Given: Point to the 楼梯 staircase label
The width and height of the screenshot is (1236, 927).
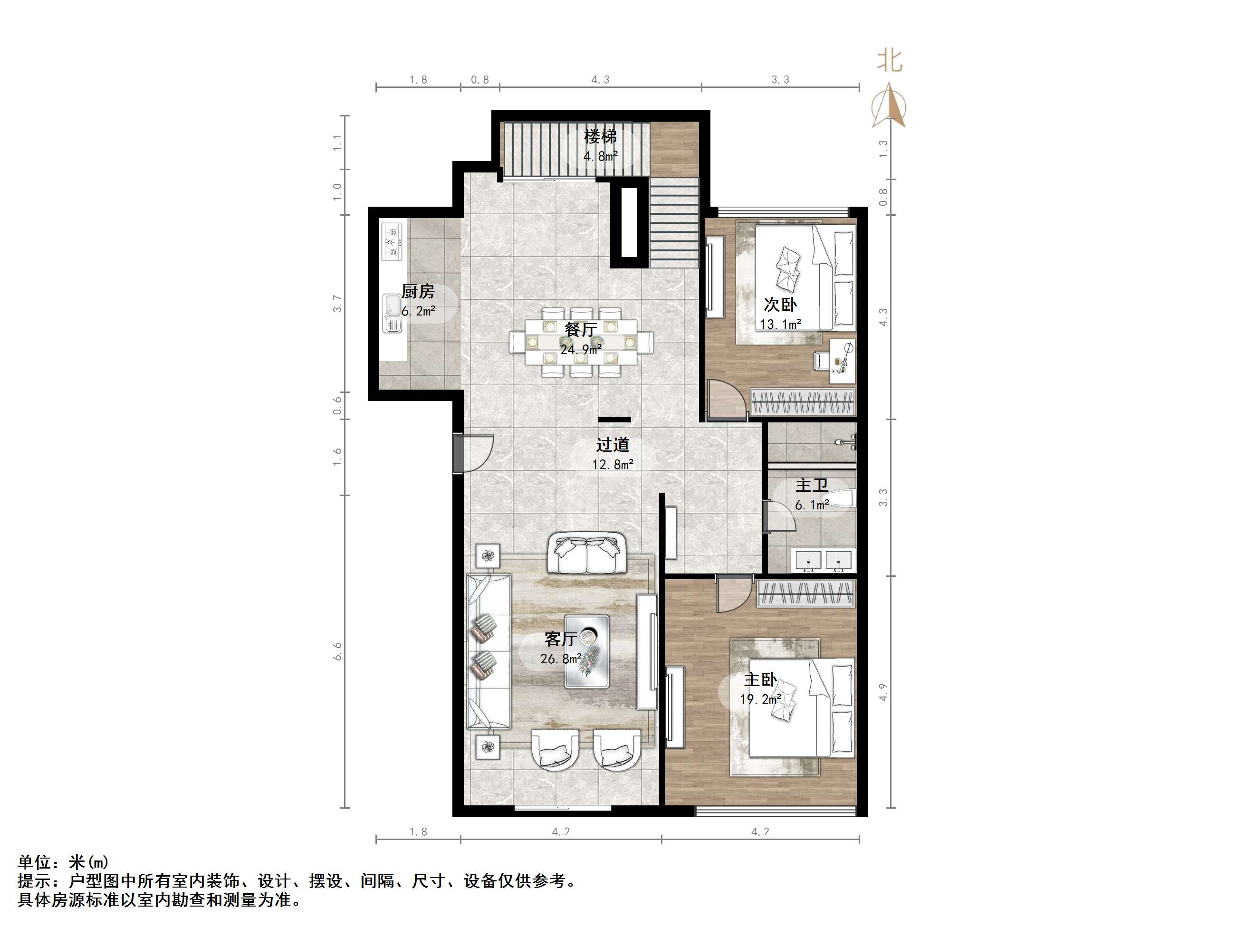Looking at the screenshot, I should tap(600, 136).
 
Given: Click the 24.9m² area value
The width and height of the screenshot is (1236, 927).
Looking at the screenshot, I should tap(581, 350).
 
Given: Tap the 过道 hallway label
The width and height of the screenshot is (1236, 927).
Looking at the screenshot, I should tap(613, 445).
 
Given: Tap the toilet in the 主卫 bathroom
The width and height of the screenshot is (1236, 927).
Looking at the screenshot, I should tap(838, 498).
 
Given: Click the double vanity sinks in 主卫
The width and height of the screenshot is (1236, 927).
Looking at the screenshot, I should tap(823, 561).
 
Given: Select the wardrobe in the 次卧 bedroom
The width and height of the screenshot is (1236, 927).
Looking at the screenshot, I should tap(803, 402).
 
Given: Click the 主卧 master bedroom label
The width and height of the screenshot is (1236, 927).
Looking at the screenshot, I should tap(760, 679).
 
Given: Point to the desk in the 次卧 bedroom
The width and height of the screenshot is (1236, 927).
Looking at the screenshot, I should tap(842, 361).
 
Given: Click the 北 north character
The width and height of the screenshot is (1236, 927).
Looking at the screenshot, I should tap(889, 60).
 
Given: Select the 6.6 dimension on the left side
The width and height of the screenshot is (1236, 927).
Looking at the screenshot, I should tap(337, 651).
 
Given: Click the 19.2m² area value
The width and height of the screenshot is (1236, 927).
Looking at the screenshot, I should tap(760, 699).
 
